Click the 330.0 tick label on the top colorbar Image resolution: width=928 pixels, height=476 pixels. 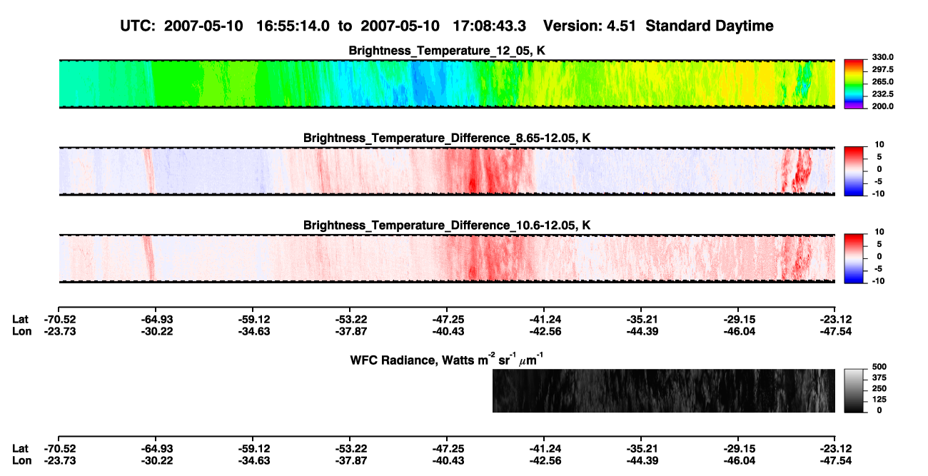click(882, 57)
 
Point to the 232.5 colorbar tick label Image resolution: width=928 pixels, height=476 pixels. click(882, 94)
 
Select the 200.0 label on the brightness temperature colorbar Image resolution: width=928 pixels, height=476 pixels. click(882, 106)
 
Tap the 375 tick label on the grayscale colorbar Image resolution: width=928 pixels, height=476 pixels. click(879, 378)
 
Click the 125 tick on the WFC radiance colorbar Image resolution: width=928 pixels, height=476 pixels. click(879, 400)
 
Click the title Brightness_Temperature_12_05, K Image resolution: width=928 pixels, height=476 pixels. click(447, 51)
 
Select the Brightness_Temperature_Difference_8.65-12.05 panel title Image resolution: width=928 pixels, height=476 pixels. click(447, 138)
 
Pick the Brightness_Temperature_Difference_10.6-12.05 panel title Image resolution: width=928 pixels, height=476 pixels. click(447, 226)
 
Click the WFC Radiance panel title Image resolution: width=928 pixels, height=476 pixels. click(447, 360)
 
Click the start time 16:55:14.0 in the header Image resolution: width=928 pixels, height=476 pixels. click(293, 26)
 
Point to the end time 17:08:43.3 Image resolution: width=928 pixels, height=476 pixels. click(489, 26)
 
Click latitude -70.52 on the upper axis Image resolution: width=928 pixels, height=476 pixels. click(60, 320)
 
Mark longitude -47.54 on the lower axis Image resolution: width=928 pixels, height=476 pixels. click(836, 461)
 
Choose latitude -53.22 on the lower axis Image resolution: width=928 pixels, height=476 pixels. click(351, 449)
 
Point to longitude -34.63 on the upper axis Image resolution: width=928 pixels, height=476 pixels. click(254, 331)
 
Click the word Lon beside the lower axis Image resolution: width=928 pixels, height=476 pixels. click(22, 461)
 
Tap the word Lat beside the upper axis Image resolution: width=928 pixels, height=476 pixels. click(20, 320)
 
